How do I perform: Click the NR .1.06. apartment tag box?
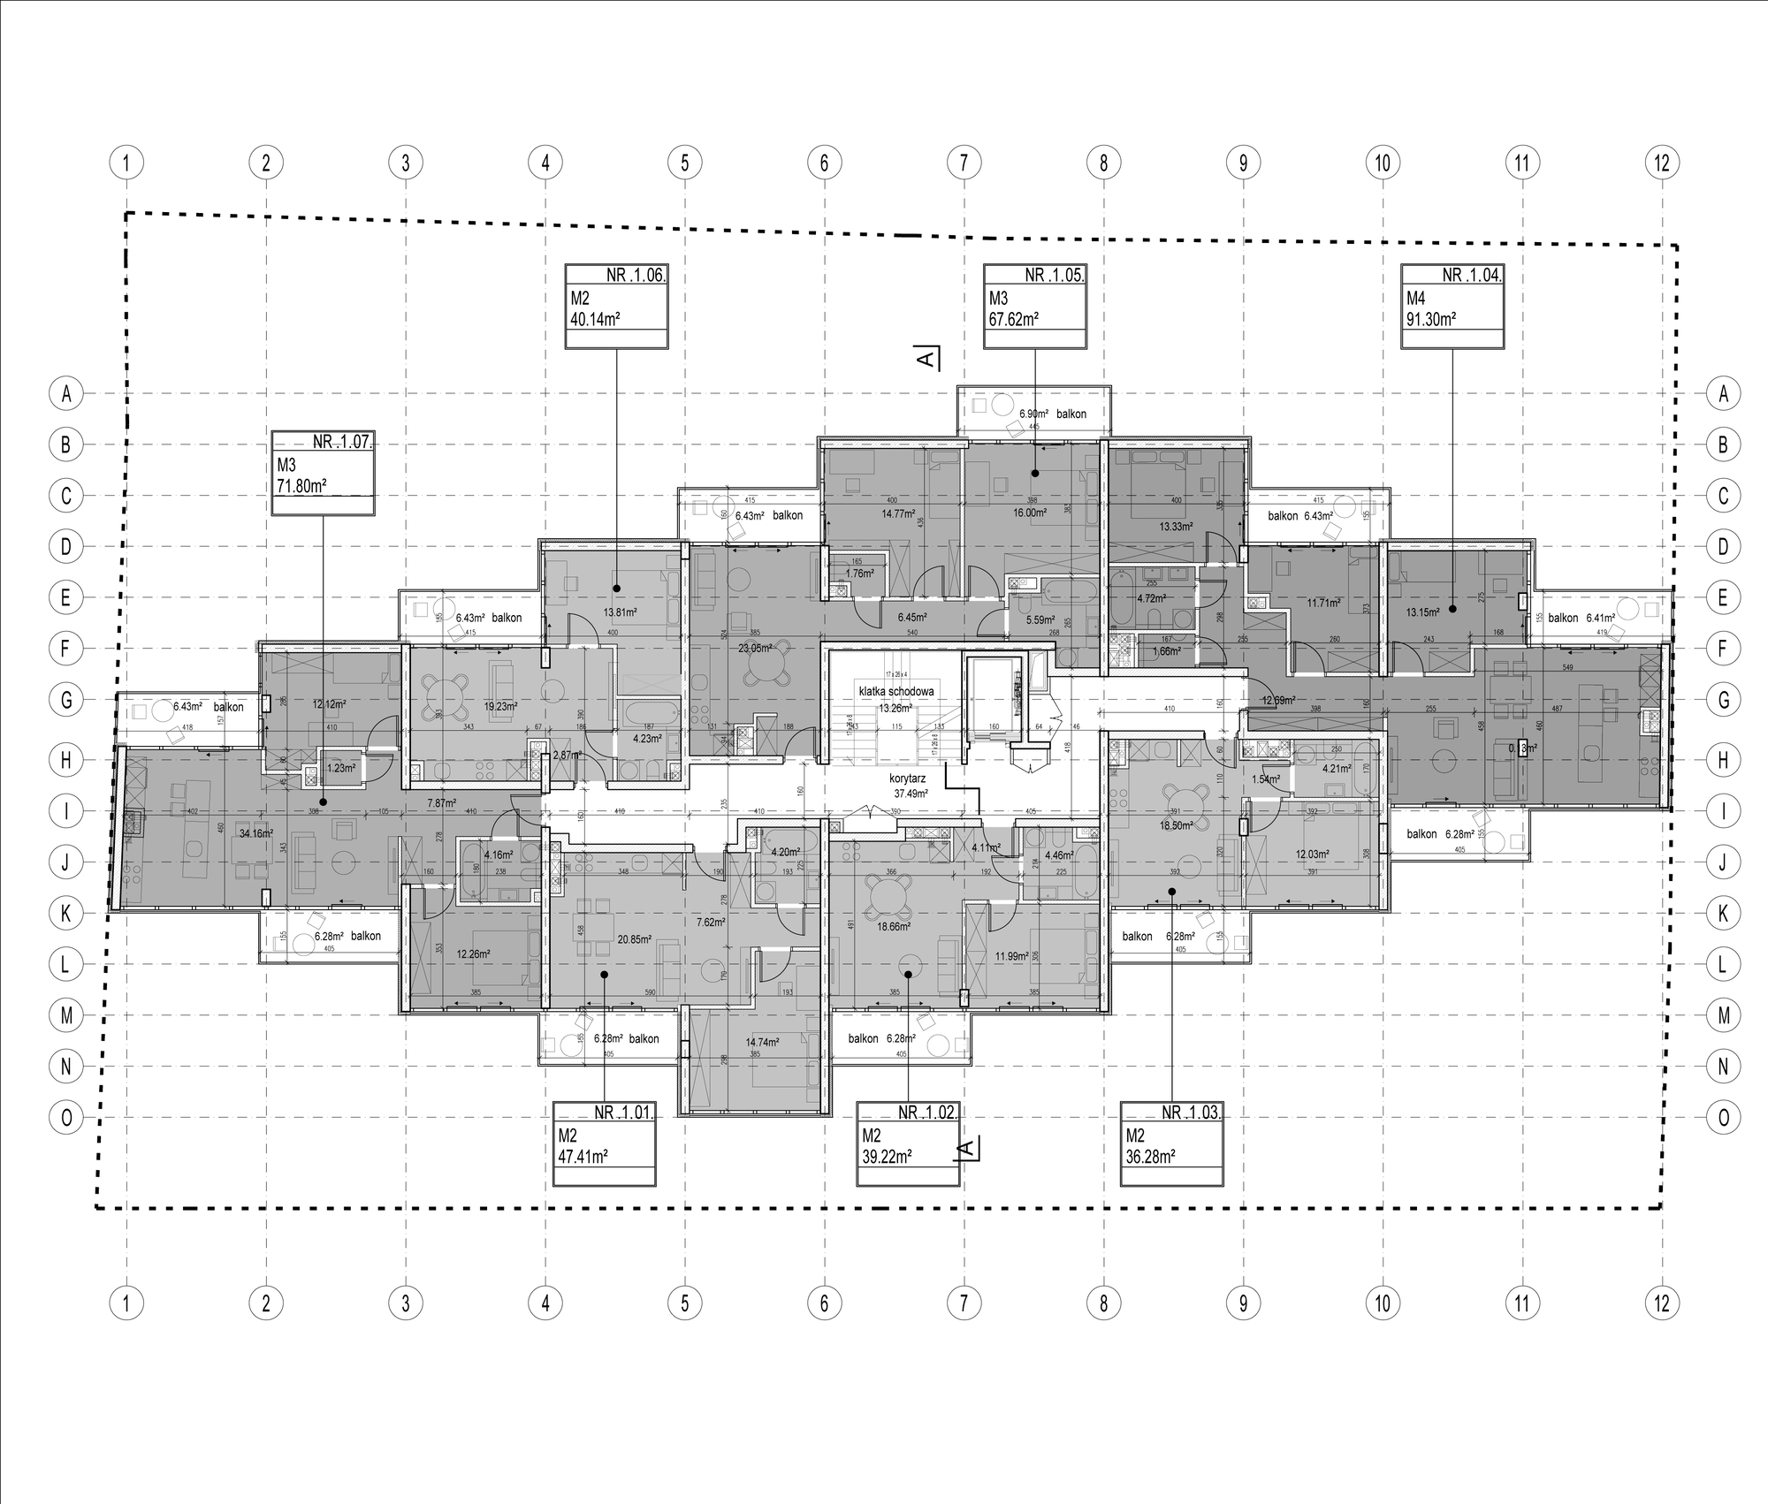616,305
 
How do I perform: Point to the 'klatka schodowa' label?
895,692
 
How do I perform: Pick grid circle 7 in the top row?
964,163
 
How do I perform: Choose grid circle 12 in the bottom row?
1662,1303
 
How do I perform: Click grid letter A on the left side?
65,394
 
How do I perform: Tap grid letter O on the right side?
1723,1117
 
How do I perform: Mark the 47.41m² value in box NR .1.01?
583,1156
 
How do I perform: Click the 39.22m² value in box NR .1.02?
888,1156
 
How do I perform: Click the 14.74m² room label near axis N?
762,1043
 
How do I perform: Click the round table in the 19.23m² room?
446,694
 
